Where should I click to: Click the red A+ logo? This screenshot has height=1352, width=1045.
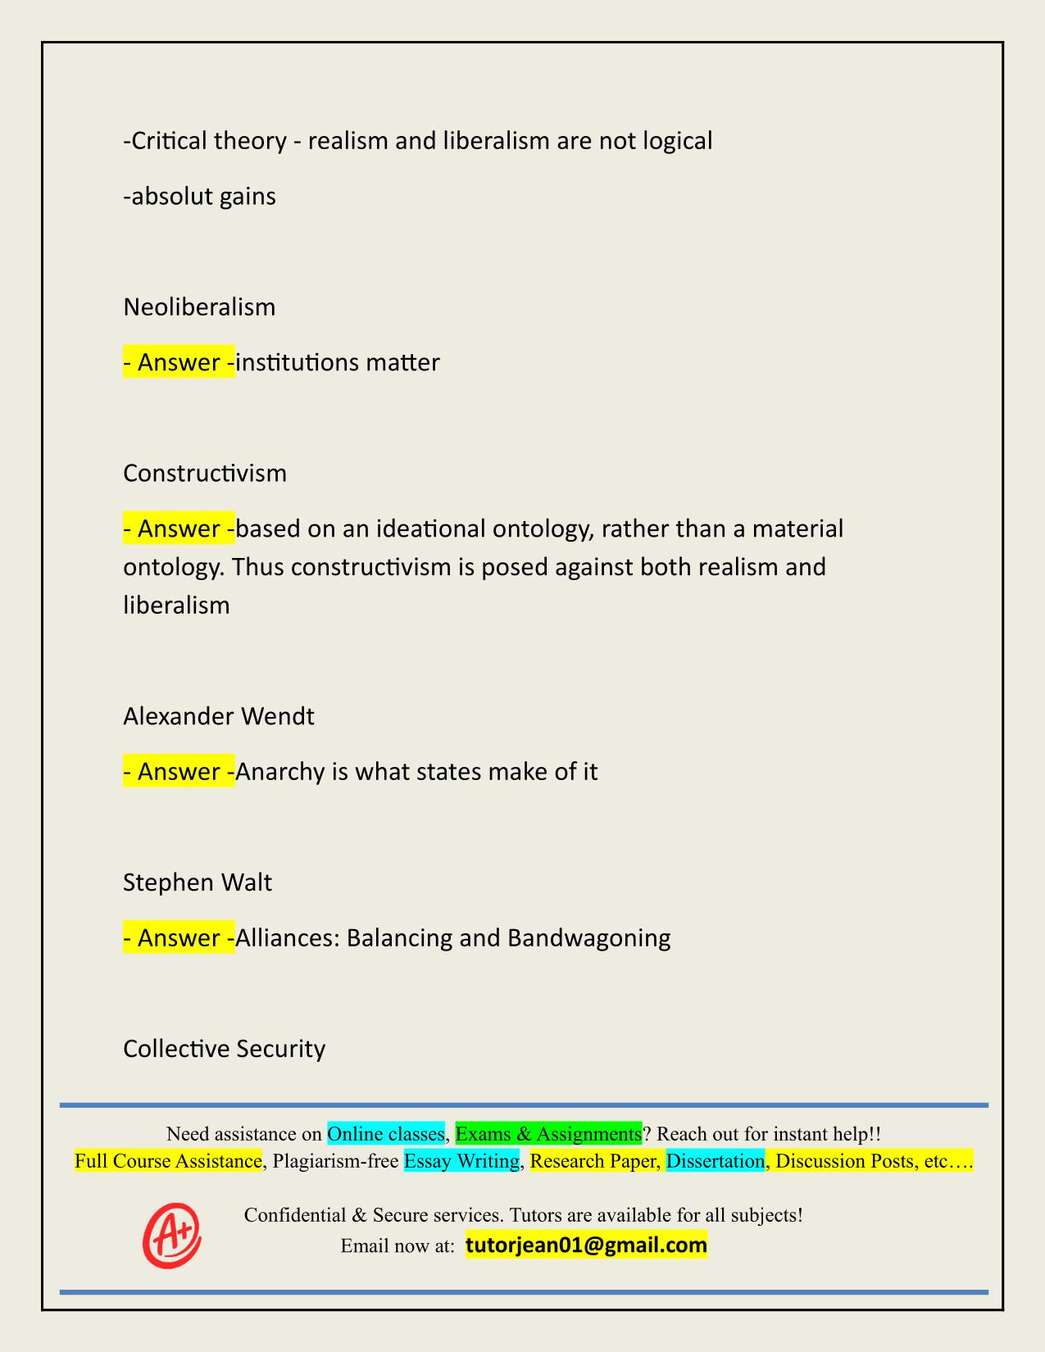tap(172, 1234)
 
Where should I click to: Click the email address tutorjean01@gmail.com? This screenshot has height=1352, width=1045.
tap(586, 1245)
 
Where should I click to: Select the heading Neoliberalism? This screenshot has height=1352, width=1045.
tap(199, 307)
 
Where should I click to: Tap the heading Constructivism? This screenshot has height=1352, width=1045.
tap(205, 473)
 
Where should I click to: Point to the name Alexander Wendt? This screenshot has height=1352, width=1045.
tap(219, 716)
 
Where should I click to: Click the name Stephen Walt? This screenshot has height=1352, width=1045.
tap(198, 882)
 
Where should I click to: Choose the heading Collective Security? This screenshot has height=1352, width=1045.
tap(224, 1048)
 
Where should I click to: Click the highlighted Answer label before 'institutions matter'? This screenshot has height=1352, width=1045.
tap(179, 362)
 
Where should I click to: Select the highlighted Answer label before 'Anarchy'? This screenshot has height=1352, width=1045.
tap(179, 772)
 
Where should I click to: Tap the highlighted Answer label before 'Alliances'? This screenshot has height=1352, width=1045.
tap(179, 937)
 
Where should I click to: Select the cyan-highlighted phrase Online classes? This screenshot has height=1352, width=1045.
tap(385, 1134)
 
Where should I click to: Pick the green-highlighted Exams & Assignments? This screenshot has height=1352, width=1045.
tap(548, 1134)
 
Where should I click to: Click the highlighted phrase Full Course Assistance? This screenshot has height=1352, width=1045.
tap(168, 1161)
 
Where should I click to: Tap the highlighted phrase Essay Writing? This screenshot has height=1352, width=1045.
tap(462, 1161)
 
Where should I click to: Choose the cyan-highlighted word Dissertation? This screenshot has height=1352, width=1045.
tap(715, 1161)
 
